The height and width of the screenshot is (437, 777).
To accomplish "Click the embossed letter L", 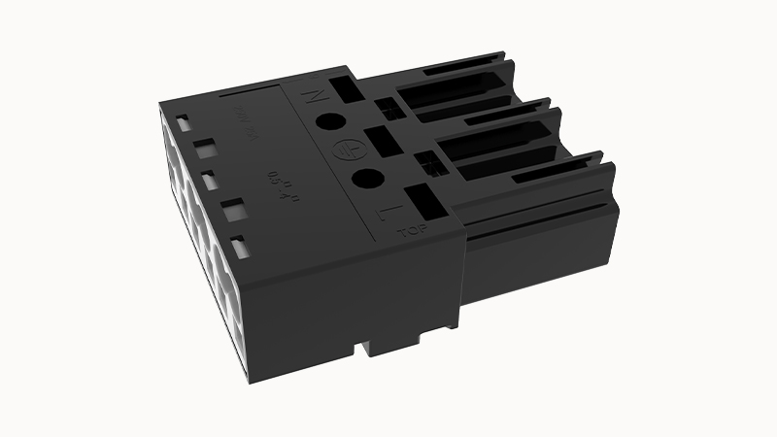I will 387,212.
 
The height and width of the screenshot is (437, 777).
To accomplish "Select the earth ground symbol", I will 342,149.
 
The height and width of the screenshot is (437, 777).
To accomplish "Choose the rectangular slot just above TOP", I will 422,202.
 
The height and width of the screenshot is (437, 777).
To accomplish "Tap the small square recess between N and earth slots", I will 386,109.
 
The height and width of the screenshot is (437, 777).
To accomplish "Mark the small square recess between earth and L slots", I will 424,163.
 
